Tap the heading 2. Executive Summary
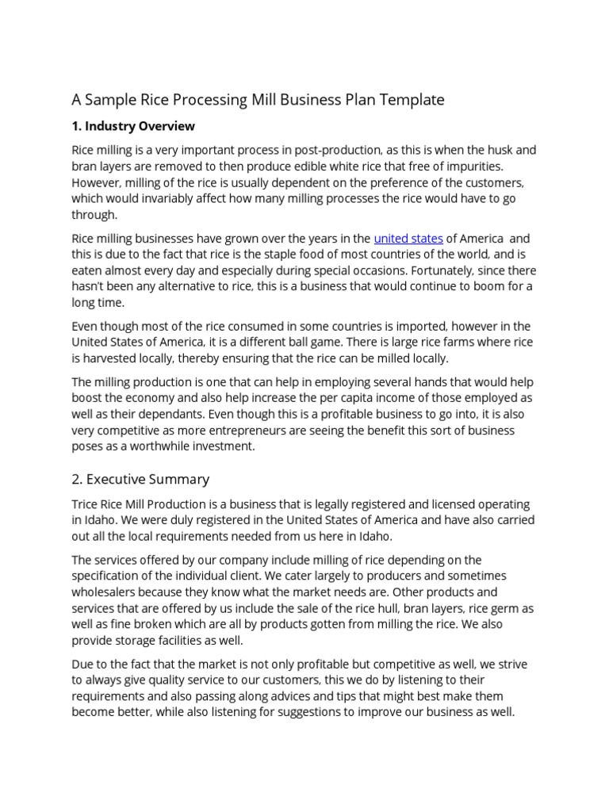[140, 479]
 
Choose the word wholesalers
[108, 592]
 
